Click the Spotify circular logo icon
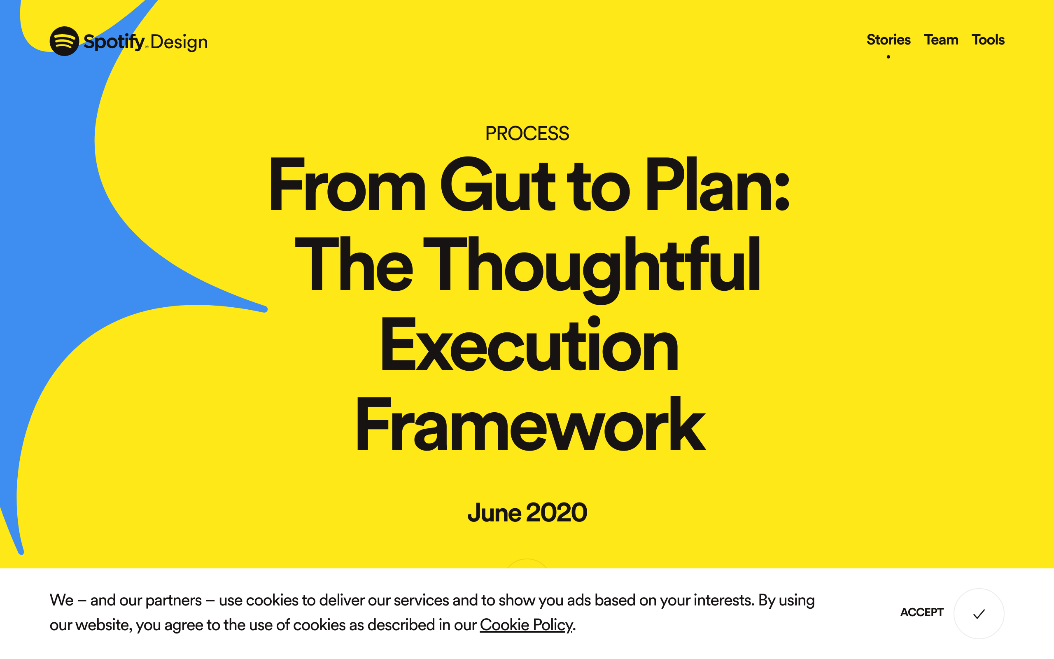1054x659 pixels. [x=65, y=42]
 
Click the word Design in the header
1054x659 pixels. [x=179, y=42]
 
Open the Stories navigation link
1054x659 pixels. [x=888, y=40]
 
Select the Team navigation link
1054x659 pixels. [x=941, y=40]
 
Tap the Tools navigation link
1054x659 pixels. [x=988, y=40]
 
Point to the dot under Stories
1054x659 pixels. [x=888, y=57]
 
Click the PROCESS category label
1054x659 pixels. [x=527, y=133]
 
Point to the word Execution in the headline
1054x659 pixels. [x=529, y=344]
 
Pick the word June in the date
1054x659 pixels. [x=494, y=512]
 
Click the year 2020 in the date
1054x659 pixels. [x=557, y=512]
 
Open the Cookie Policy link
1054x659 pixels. [x=526, y=625]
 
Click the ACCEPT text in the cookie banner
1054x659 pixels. [x=921, y=612]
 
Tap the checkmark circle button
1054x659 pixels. [x=979, y=614]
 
